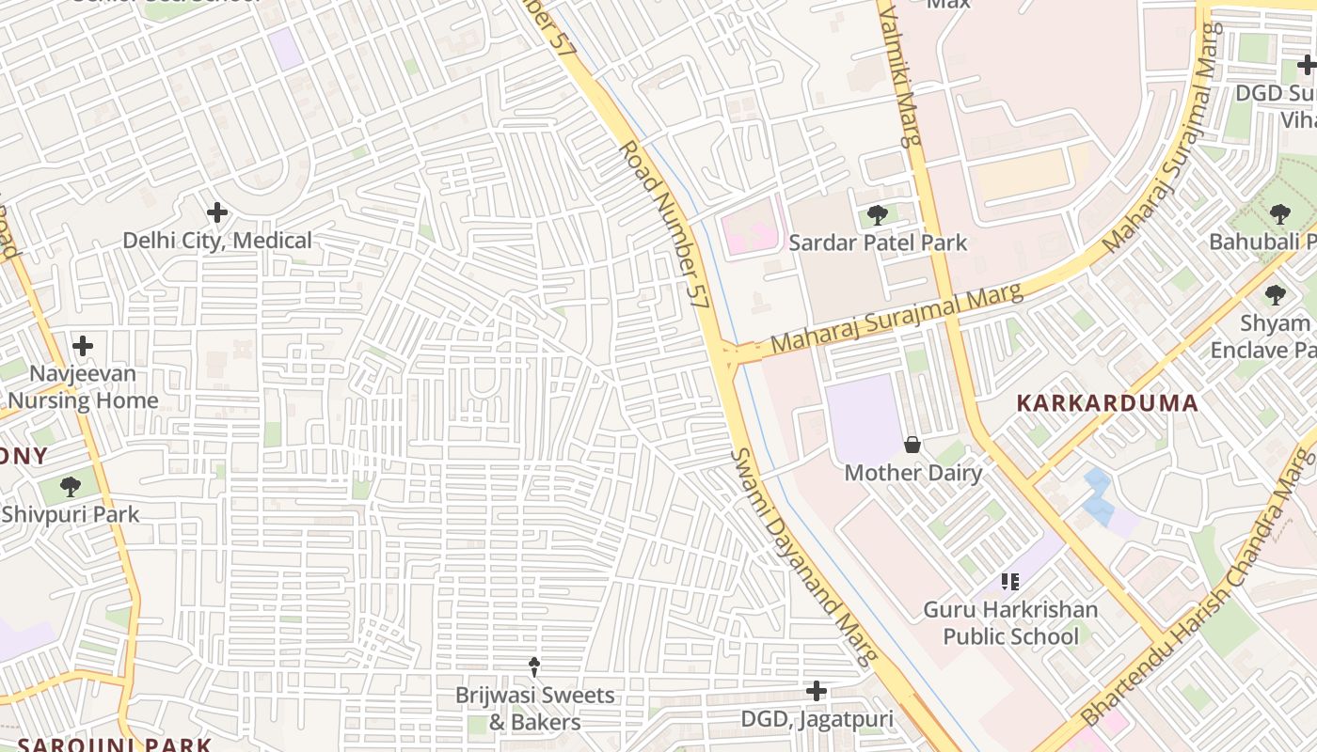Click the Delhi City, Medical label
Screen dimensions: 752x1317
point(217,241)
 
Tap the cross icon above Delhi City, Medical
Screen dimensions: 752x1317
point(217,212)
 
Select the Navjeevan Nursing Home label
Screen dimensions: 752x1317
point(83,387)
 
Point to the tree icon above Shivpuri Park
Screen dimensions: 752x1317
point(70,487)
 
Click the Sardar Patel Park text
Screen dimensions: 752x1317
point(878,243)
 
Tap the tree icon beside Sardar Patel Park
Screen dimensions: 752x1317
point(878,215)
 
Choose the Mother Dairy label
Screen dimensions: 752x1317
point(912,472)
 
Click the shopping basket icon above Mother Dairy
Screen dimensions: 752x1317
point(912,445)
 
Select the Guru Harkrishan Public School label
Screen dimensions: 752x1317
point(1010,623)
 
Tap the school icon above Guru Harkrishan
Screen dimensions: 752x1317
point(1010,582)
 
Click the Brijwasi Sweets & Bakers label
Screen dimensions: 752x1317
point(534,709)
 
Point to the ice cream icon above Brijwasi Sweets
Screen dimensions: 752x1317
point(534,667)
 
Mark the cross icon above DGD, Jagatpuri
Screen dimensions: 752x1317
point(817,692)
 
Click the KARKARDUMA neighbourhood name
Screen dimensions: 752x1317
point(1107,403)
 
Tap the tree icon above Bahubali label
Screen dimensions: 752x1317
point(1279,214)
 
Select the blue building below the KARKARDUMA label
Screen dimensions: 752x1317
point(1098,495)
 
